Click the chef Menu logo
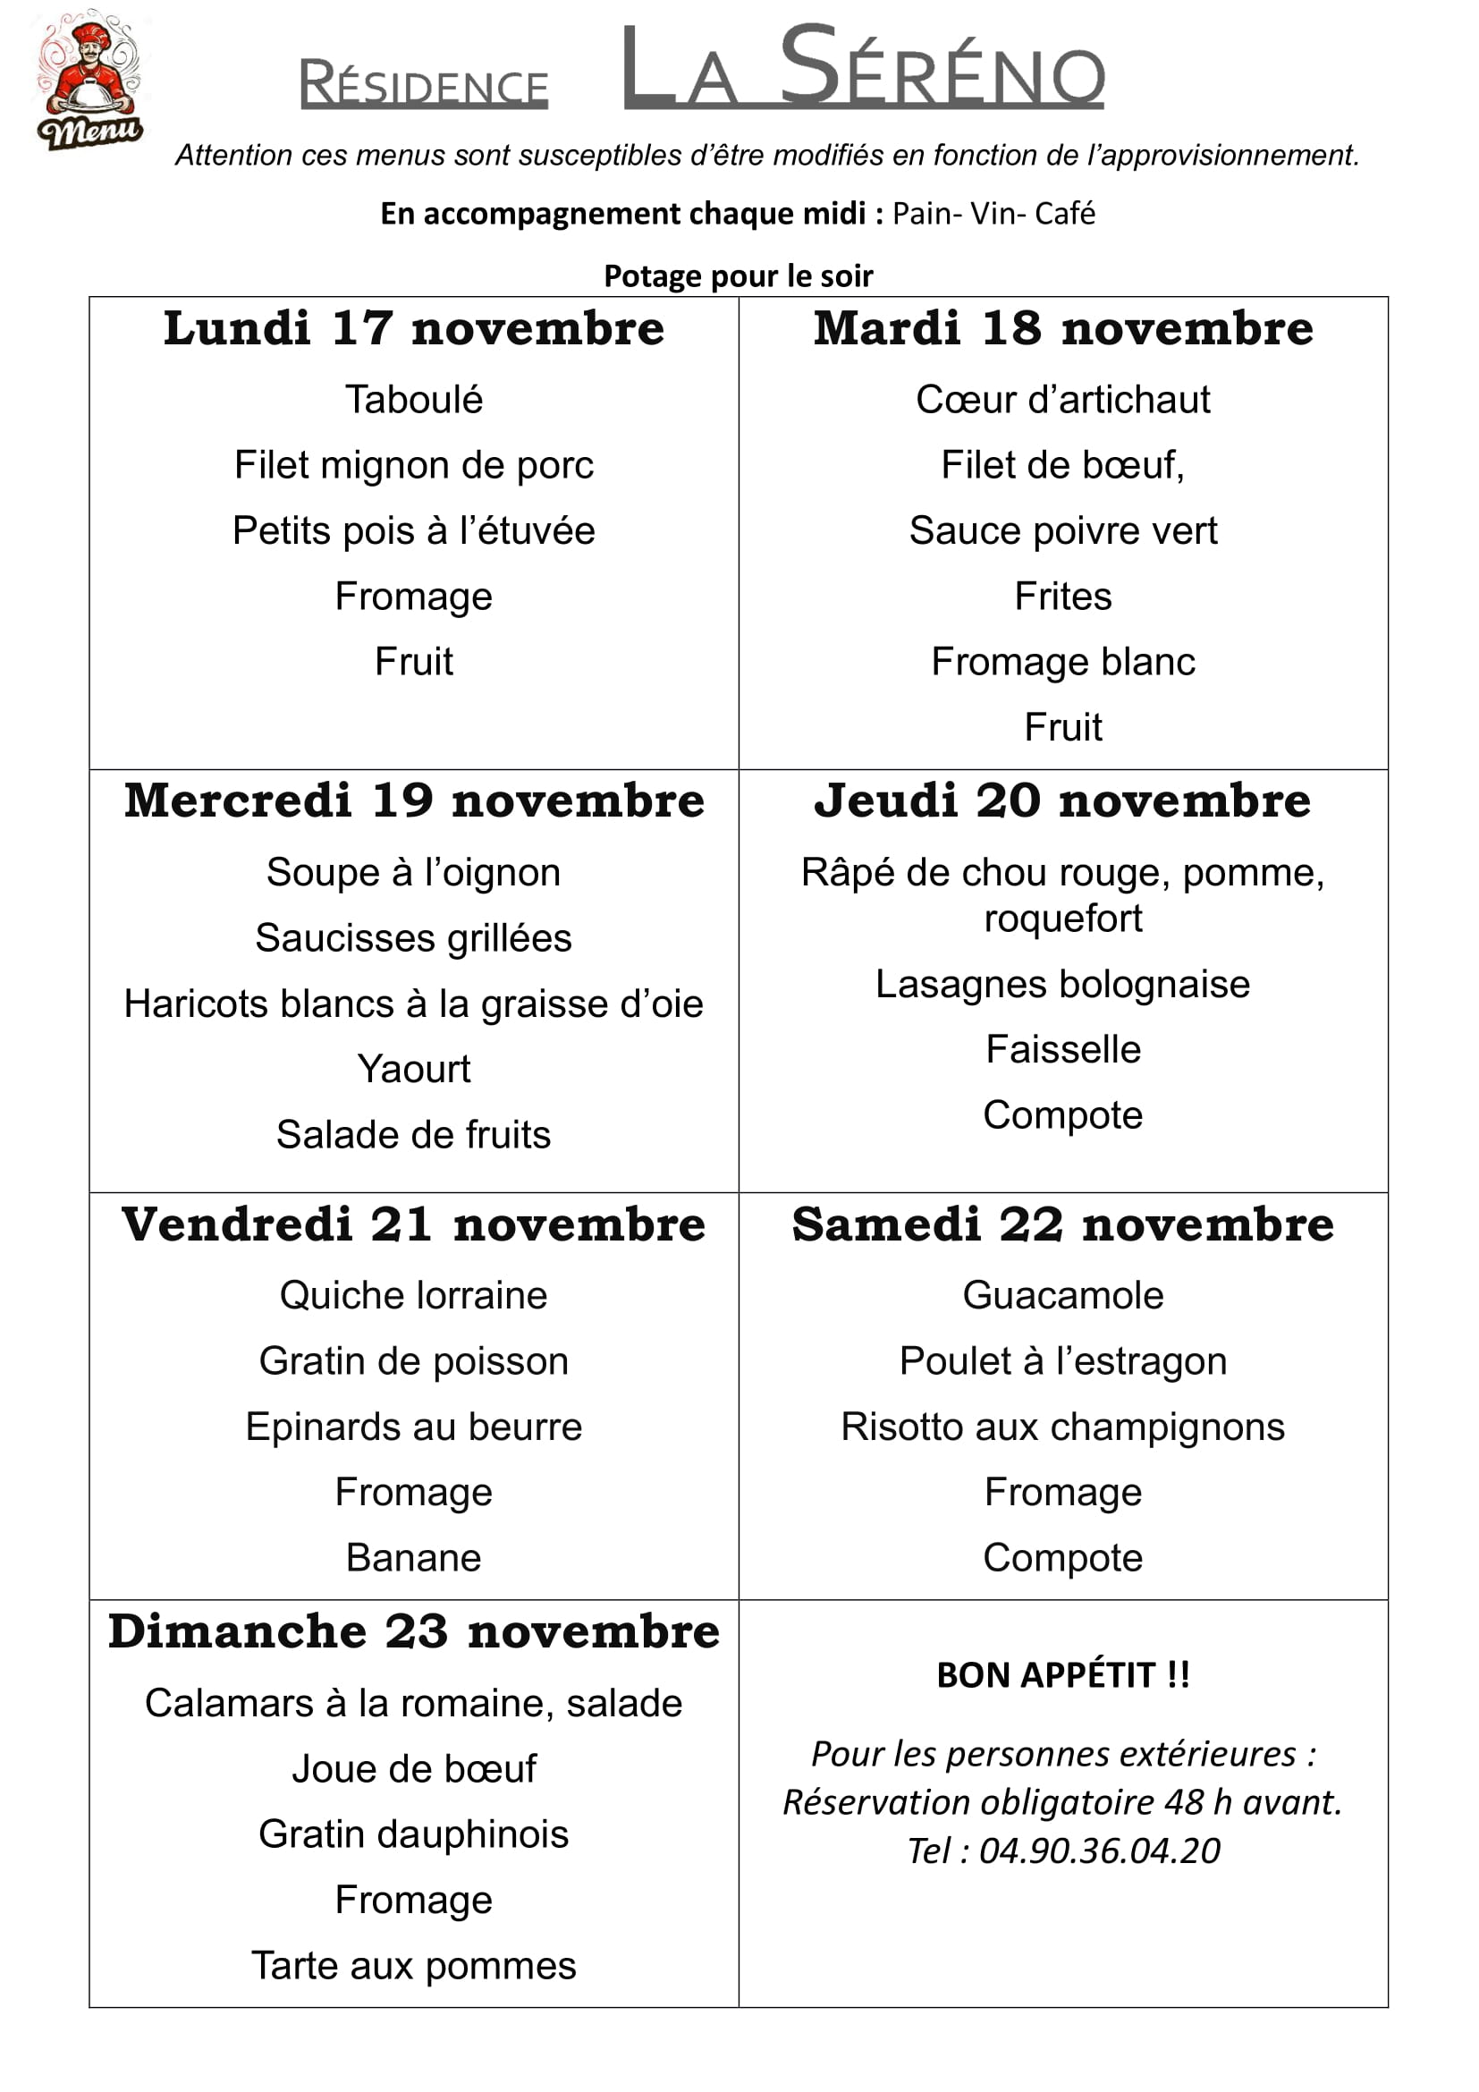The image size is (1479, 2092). click(89, 80)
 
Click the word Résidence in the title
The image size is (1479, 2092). click(424, 84)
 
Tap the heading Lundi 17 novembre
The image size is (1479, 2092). click(413, 329)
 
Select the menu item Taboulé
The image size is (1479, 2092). click(413, 400)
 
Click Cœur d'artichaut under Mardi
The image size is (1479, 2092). click(1063, 400)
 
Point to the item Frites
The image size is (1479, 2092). click(1063, 597)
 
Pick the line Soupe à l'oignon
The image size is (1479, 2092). click(413, 873)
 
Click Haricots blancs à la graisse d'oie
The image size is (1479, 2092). click(413, 1004)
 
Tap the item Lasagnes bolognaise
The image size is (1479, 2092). click(1063, 985)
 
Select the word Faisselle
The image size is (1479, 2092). click(1063, 1050)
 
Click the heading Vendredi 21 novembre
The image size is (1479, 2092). click(413, 1224)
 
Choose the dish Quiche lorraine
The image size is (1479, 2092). click(413, 1296)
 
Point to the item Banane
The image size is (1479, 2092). click(413, 1558)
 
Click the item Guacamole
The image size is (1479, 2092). click(1063, 1296)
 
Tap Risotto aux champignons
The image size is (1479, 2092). click(1063, 1427)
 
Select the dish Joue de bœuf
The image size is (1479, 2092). click(413, 1769)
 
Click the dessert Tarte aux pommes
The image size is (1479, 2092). click(413, 1966)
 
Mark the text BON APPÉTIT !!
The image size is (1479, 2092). click(1063, 1675)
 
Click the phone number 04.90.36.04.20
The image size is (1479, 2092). click(1099, 1851)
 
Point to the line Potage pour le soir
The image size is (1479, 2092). click(738, 276)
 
